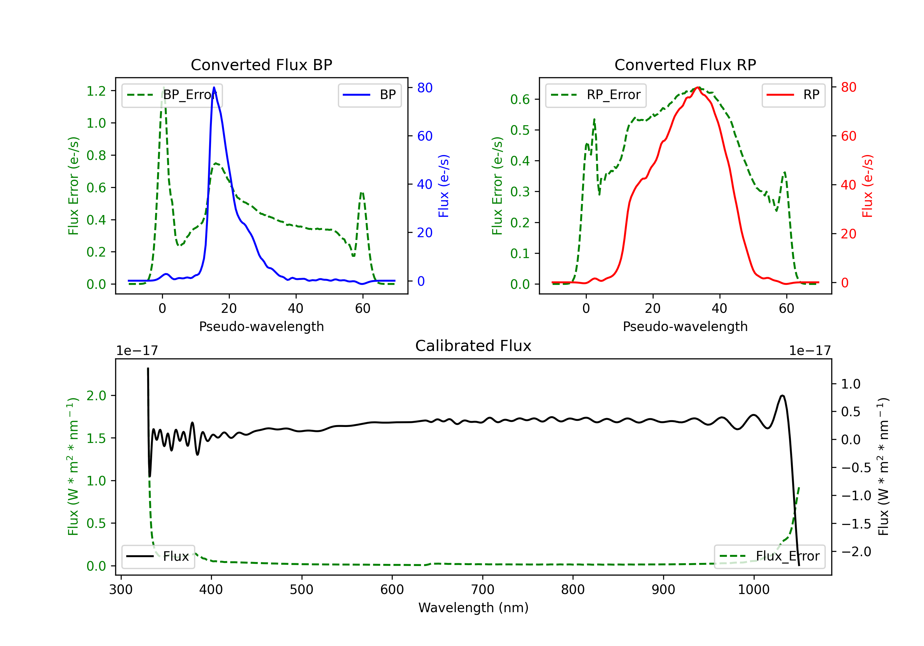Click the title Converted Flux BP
click(x=261, y=65)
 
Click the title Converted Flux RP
click(x=685, y=65)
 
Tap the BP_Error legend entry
click(x=172, y=95)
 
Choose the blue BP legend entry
click(x=369, y=95)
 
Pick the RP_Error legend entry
click(x=596, y=95)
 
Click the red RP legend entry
click(x=793, y=95)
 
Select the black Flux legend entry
click(x=158, y=556)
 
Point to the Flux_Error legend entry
click(x=769, y=556)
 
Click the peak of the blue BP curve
click(x=214, y=87)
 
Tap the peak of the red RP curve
click(x=698, y=87)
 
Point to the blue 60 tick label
click(x=424, y=136)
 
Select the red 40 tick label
click(x=848, y=185)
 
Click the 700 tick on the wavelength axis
click(x=483, y=590)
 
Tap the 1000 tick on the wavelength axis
click(x=754, y=590)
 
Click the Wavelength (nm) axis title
click(x=473, y=608)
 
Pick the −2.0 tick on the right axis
click(x=856, y=552)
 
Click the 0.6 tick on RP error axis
click(x=520, y=99)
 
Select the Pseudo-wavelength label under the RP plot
click(x=685, y=326)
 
